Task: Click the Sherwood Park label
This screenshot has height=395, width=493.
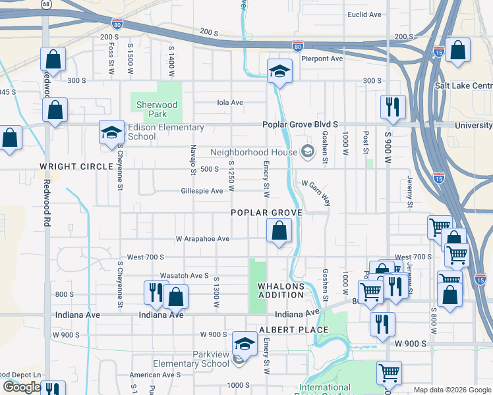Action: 157,109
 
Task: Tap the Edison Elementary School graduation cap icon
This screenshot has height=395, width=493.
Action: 111,132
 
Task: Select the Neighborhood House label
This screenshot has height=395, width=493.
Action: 254,152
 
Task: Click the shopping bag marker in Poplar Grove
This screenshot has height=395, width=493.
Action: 279,231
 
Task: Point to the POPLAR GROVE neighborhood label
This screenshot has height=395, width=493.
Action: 266,213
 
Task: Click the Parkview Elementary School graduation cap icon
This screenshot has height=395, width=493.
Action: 244,344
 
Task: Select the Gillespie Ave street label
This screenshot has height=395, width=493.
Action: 202,191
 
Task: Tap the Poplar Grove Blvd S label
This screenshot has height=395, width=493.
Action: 300,124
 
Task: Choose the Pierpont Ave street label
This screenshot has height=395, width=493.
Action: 322,59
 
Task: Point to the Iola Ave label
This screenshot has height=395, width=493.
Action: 231,102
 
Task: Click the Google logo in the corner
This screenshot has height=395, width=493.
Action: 22,387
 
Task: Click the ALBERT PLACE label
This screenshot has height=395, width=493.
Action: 293,330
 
